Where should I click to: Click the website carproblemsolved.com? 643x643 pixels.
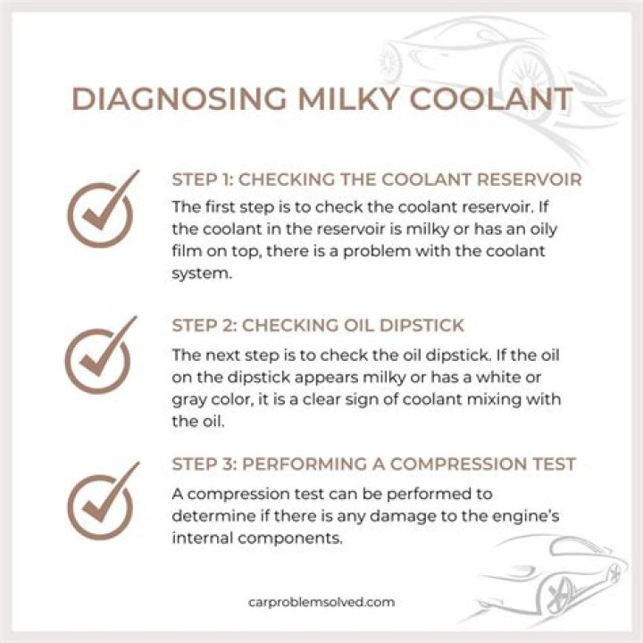[321, 603]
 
